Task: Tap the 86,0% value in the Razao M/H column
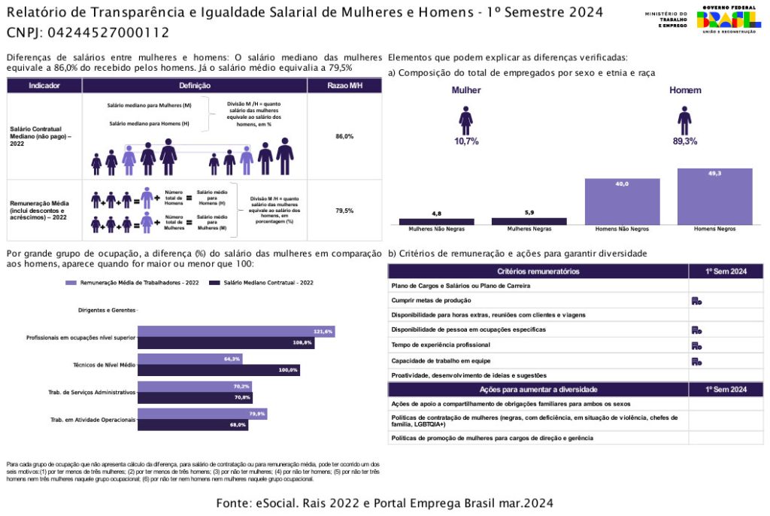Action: [x=344, y=136]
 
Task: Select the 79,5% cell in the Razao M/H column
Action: [x=344, y=211]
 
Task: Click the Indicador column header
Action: [x=44, y=86]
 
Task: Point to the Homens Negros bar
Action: [x=714, y=196]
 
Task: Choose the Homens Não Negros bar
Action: [x=622, y=202]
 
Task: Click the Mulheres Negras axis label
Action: [x=529, y=229]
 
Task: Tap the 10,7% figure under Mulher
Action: [x=466, y=141]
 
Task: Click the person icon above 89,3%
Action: [x=684, y=120]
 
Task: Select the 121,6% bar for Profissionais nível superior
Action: [x=236, y=332]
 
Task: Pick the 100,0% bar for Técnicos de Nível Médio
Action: [x=219, y=370]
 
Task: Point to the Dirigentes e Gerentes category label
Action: [x=107, y=310]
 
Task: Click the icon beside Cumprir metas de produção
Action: [x=696, y=301]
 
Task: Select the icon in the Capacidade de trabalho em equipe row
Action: [x=696, y=361]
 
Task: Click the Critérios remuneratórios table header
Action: [x=538, y=271]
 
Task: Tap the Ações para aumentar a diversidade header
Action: [x=538, y=390]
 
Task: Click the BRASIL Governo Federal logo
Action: [x=728, y=19]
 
